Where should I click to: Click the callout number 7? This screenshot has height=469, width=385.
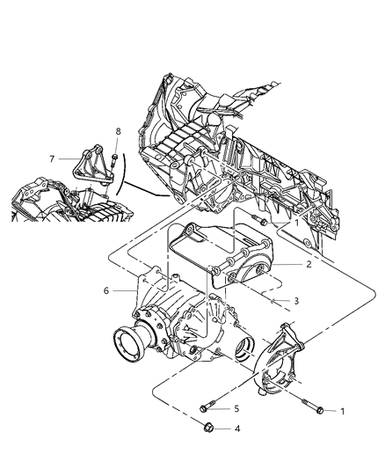[x=52, y=158]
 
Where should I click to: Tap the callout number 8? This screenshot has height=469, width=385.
[x=117, y=133]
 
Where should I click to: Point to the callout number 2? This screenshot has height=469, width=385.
[x=309, y=263]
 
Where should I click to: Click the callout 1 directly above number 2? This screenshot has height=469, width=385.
[x=297, y=224]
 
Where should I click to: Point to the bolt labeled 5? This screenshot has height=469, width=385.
[x=208, y=407]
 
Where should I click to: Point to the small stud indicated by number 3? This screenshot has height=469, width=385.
[x=273, y=300]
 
